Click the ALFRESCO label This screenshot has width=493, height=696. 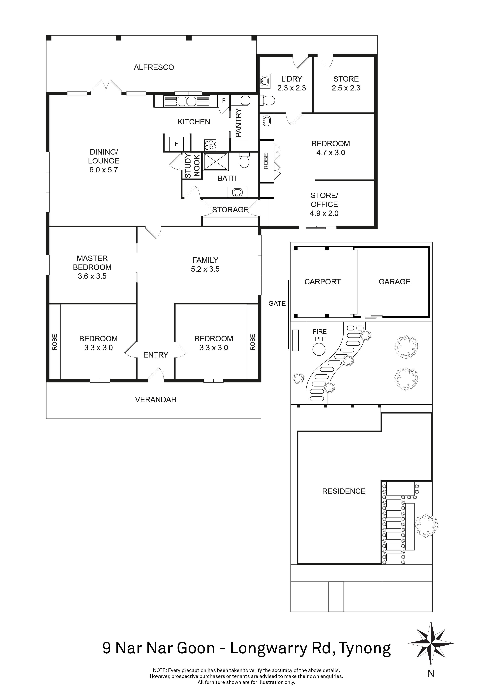coord(154,67)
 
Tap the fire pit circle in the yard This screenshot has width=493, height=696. coord(319,349)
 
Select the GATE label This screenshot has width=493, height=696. coord(277,303)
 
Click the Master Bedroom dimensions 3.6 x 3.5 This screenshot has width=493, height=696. coord(92,276)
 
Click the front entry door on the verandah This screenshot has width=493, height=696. coord(156,375)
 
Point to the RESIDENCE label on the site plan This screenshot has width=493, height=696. coord(344,491)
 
